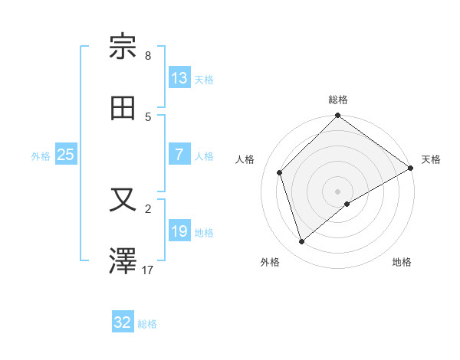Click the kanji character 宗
[123, 47]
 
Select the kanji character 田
[123, 108]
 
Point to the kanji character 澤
[123, 261]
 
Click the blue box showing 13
[179, 78]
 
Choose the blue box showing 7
[179, 155]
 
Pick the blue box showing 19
[179, 231]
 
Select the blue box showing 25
[65, 155]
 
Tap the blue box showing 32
[123, 322]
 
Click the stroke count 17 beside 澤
[148, 270]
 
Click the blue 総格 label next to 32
[147, 324]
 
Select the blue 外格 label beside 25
[41, 155]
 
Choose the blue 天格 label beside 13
[203, 79]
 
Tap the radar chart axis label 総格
[338, 100]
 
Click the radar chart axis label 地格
[402, 262]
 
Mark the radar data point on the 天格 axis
[411, 168]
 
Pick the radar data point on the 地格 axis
[347, 204]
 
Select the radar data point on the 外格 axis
[301, 242]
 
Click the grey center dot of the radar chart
[338, 191]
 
